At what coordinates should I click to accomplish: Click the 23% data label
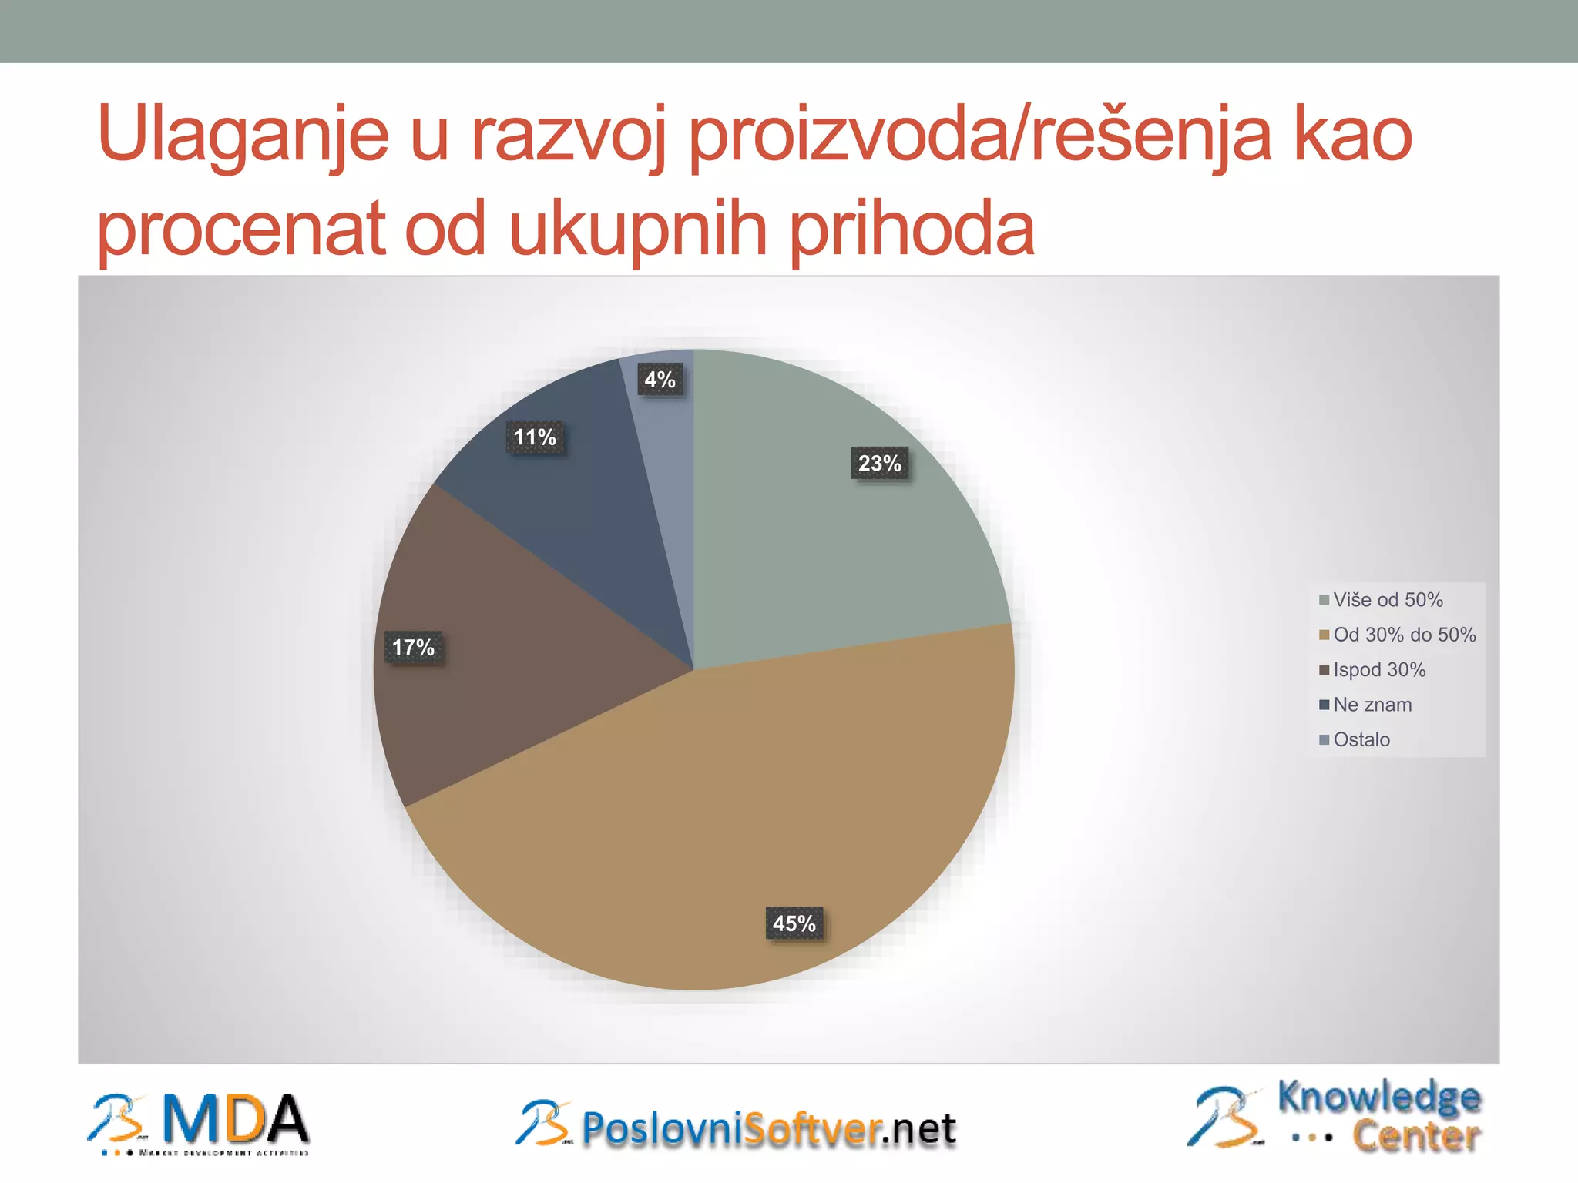point(879,463)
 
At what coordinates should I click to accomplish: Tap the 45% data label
point(794,923)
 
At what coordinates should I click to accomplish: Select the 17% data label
point(413,647)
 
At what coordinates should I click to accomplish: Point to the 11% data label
point(535,437)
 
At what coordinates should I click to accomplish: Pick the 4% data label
point(660,380)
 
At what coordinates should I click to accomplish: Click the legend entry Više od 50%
point(1388,600)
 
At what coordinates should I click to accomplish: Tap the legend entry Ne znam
point(1372,705)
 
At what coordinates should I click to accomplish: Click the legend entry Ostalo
point(1361,739)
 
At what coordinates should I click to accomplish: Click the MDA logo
point(199,1124)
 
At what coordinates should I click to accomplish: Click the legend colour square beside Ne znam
point(1325,705)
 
